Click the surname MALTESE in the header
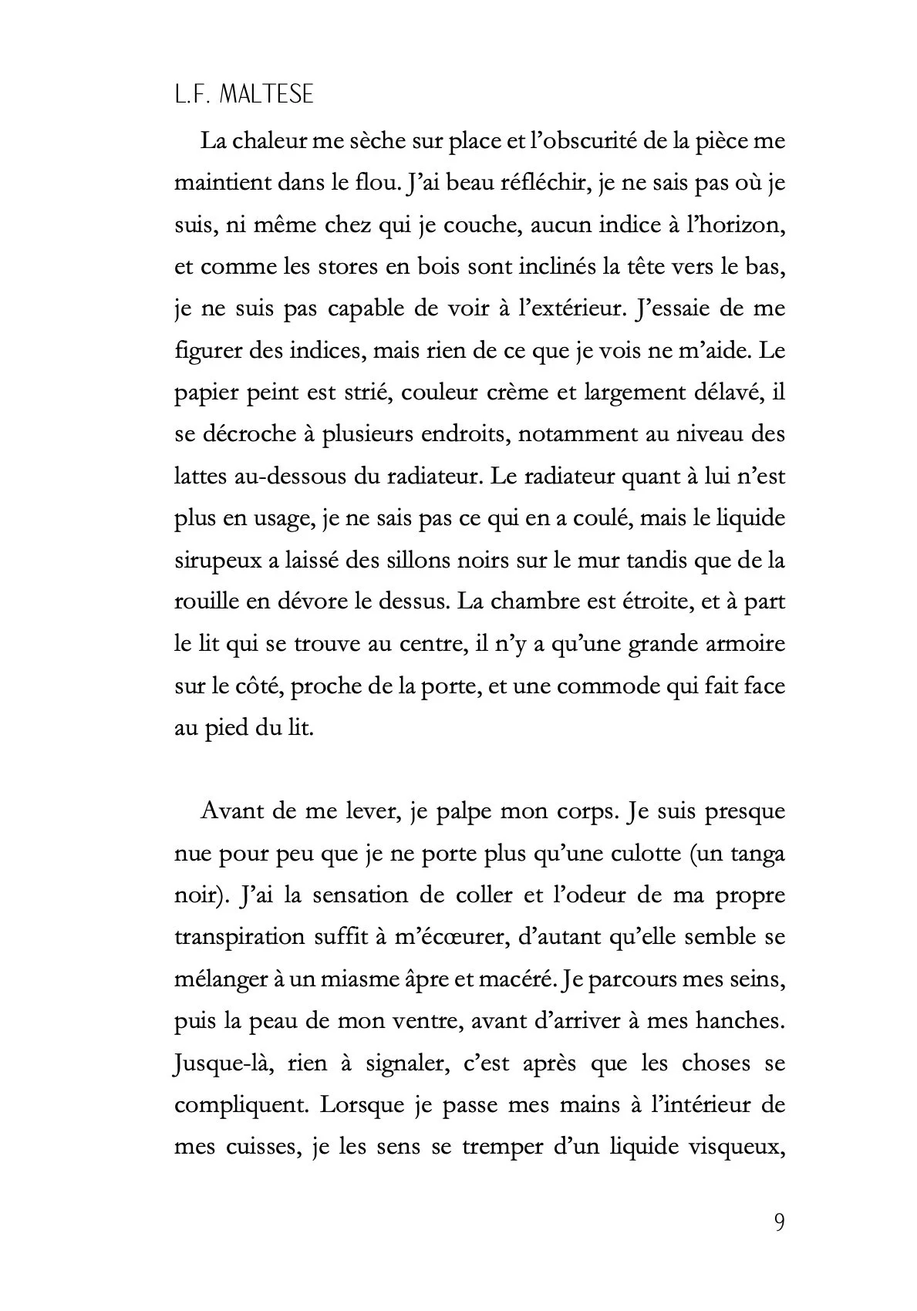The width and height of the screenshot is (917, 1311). pyautogui.click(x=267, y=95)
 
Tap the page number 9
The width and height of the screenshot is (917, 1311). pyautogui.click(x=778, y=1223)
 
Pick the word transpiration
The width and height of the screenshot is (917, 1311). pyautogui.click(x=240, y=938)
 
